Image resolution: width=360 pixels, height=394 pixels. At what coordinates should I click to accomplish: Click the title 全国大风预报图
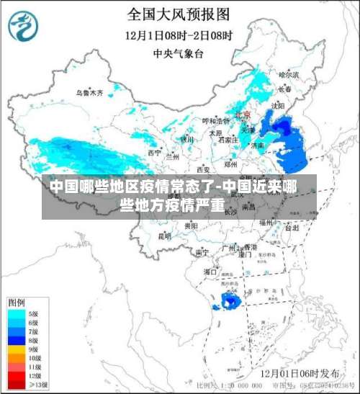[179, 14]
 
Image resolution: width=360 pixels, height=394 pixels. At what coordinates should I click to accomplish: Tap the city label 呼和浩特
[215, 120]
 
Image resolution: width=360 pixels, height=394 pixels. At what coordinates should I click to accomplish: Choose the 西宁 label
[155, 153]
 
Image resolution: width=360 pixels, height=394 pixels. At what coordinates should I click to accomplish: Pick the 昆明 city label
[165, 235]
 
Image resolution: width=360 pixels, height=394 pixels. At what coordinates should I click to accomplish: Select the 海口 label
[210, 272]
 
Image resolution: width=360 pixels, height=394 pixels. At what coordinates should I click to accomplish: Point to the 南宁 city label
[202, 252]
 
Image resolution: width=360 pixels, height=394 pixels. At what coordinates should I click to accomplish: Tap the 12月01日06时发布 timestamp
[300, 373]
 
